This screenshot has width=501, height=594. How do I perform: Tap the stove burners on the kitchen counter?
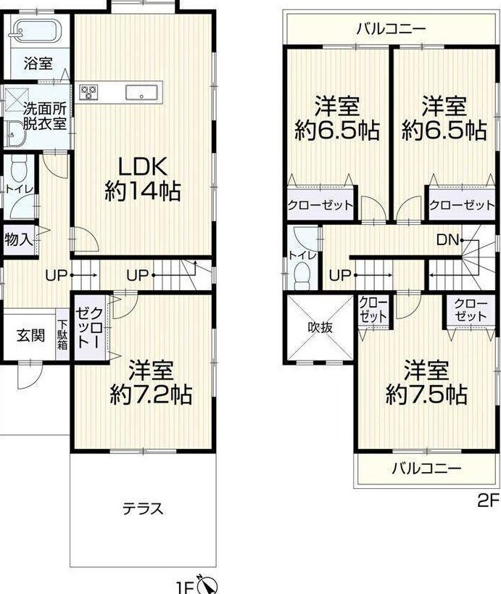click(x=88, y=91)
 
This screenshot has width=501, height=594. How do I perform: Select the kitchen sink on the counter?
click(x=141, y=92)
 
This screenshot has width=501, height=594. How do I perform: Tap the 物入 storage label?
click(x=19, y=239)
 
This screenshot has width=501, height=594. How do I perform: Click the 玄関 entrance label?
click(x=31, y=335)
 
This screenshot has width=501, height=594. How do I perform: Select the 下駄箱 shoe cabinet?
click(x=63, y=334)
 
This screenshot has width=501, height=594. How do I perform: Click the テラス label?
click(x=143, y=508)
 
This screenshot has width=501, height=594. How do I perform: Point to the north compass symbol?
click(x=209, y=586)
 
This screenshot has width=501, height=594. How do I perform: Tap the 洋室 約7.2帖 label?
click(x=152, y=382)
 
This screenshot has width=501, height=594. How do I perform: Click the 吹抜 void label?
click(x=320, y=327)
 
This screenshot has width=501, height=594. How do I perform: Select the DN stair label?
click(x=447, y=239)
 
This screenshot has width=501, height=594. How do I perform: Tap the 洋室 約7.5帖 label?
click(x=426, y=382)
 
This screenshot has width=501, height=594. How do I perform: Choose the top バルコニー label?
click(x=392, y=29)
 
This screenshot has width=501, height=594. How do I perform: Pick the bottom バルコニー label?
click(x=427, y=469)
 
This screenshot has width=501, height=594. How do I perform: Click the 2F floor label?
click(x=489, y=501)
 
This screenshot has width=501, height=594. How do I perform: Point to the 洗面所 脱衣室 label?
click(x=45, y=117)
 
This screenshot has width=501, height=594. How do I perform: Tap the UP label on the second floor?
click(x=340, y=276)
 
